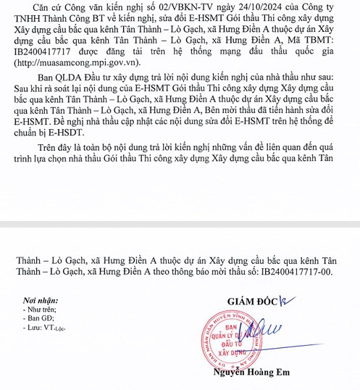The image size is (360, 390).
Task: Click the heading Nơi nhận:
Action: click(42, 299)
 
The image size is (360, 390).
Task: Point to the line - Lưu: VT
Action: click(43, 328)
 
